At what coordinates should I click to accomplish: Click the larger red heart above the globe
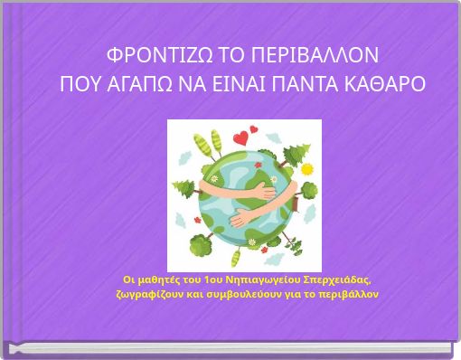(x=240, y=138)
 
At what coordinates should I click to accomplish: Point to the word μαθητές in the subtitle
(x=158, y=278)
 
